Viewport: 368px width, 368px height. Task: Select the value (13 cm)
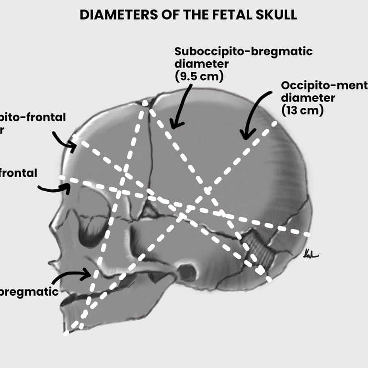pos(303,110)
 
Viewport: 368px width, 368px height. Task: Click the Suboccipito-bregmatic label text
pos(243,52)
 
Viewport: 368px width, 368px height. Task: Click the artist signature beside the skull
pos(311,254)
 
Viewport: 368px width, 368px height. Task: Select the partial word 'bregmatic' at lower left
pos(29,291)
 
